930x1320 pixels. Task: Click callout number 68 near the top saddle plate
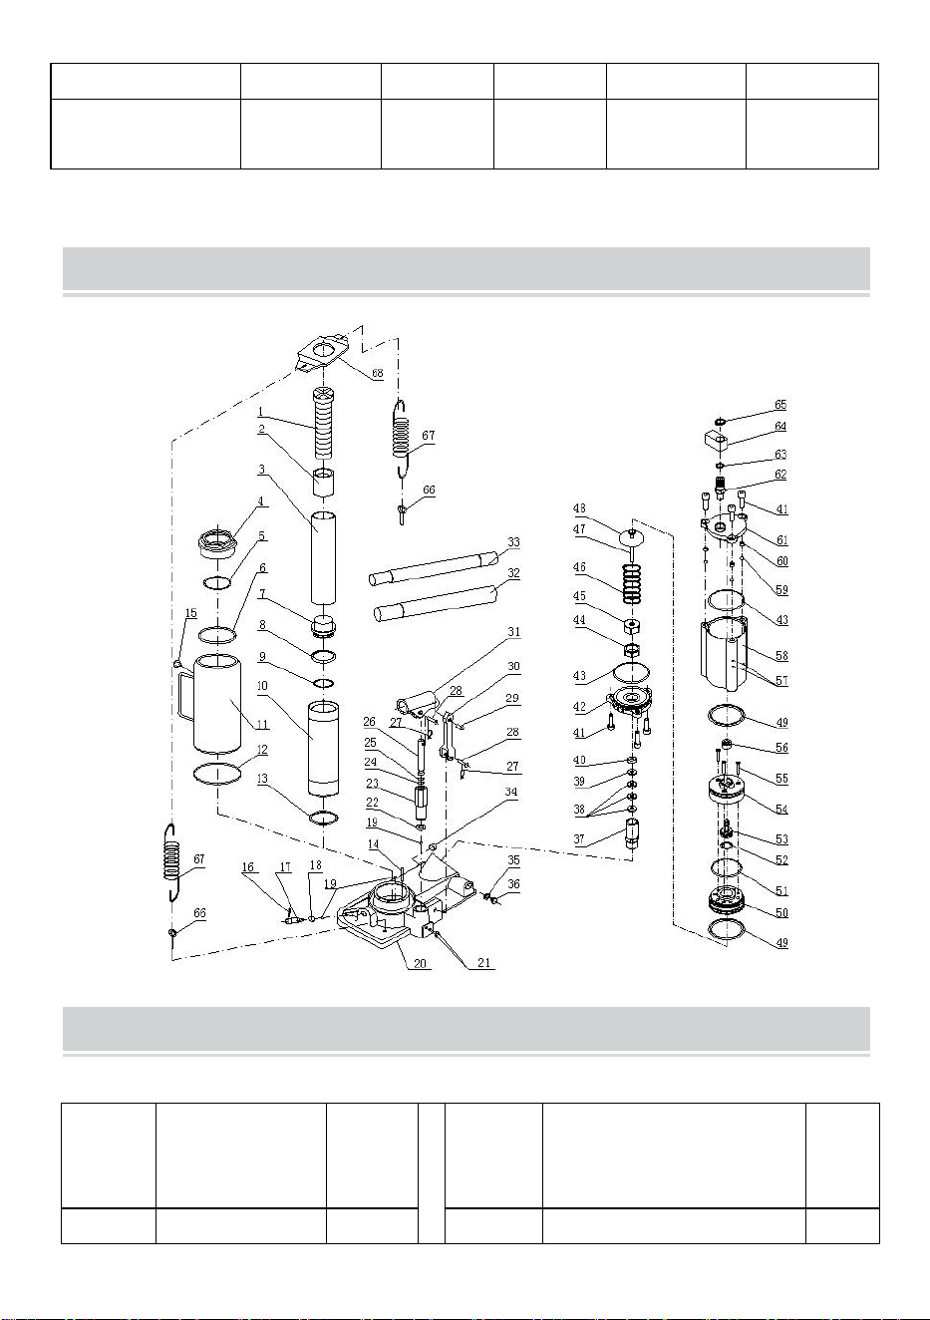(377, 373)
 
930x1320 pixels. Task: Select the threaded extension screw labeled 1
(323, 423)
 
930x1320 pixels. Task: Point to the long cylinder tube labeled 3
(324, 558)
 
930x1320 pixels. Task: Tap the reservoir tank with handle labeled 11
(210, 704)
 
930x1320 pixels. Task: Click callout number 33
(514, 542)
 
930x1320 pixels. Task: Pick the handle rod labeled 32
(436, 603)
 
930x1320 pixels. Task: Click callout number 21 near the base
(483, 963)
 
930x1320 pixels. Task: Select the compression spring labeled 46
(632, 583)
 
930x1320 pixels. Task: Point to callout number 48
(579, 508)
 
